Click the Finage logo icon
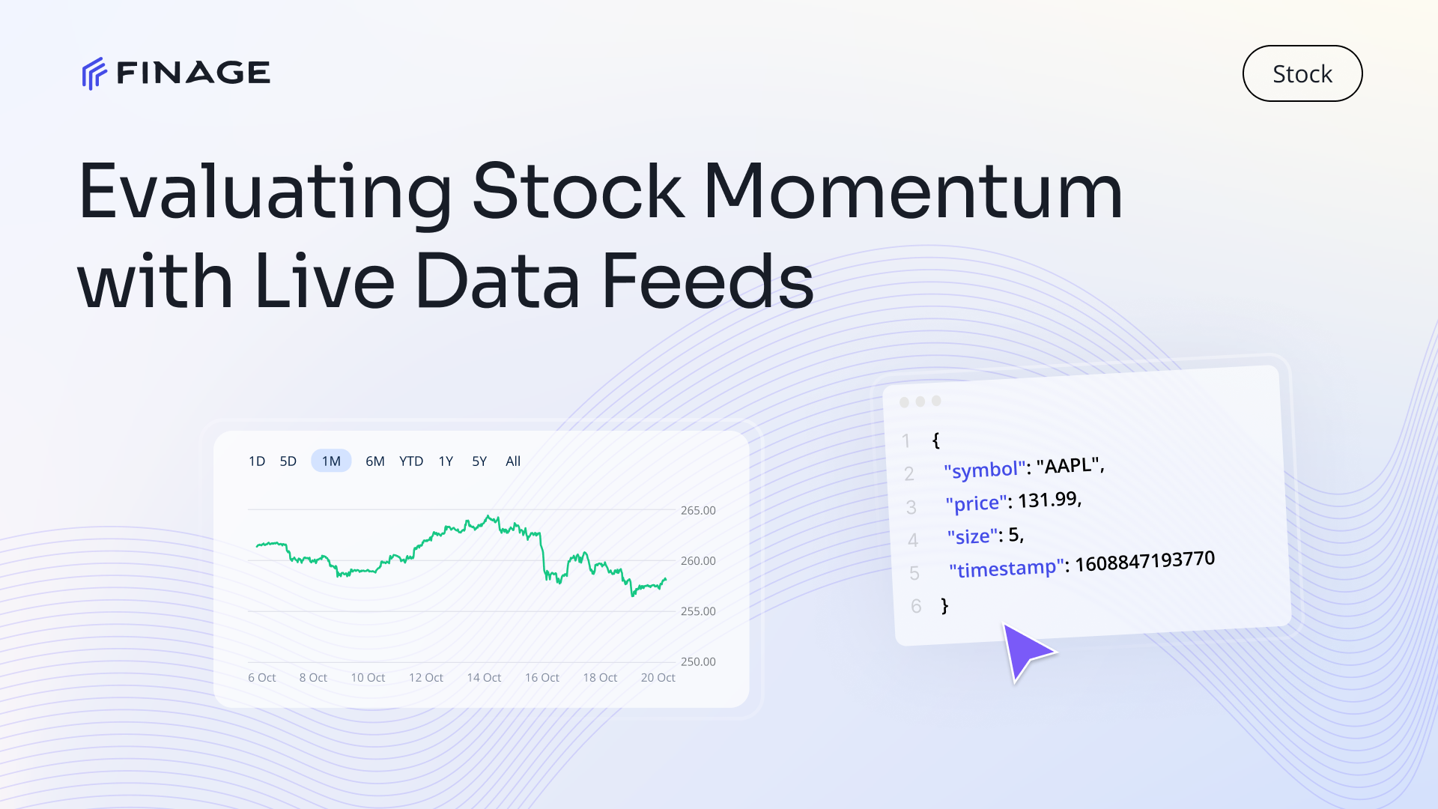(x=94, y=73)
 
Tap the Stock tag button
(x=1302, y=73)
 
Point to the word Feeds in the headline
(x=708, y=282)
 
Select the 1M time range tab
(x=331, y=461)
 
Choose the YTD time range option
(x=411, y=461)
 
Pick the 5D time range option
(x=288, y=461)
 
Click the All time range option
(x=513, y=461)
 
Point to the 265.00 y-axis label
(x=698, y=510)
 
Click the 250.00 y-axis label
(x=698, y=661)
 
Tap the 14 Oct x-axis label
(x=484, y=677)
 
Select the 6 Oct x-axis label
(x=262, y=677)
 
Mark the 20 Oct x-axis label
(x=658, y=677)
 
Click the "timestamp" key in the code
(x=1007, y=569)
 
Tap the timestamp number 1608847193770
(x=1145, y=561)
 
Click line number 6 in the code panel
(x=916, y=606)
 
